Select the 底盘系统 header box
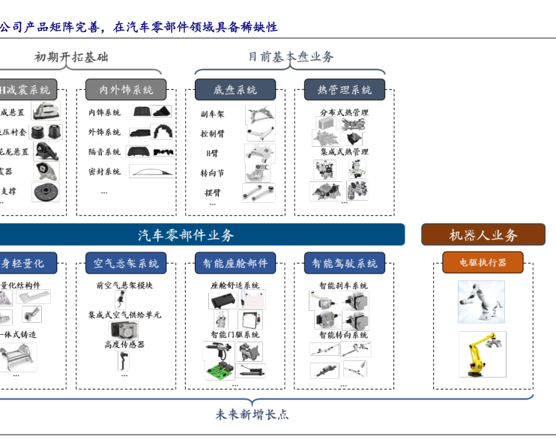pos(235,90)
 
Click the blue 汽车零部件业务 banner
pos(196,234)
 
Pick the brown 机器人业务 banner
pos(483,234)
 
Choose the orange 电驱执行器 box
pos(483,262)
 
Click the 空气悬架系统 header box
pos(125,263)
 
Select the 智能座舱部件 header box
pos(235,263)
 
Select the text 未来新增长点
pos(252,414)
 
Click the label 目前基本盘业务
pos(291,56)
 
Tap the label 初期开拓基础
pos(71,56)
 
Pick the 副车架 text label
pos(212,114)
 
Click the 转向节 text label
pos(212,173)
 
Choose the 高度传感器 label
pos(124,344)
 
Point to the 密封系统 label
pos(104,172)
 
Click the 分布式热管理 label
pos(344,112)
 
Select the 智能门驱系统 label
pos(235,334)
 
